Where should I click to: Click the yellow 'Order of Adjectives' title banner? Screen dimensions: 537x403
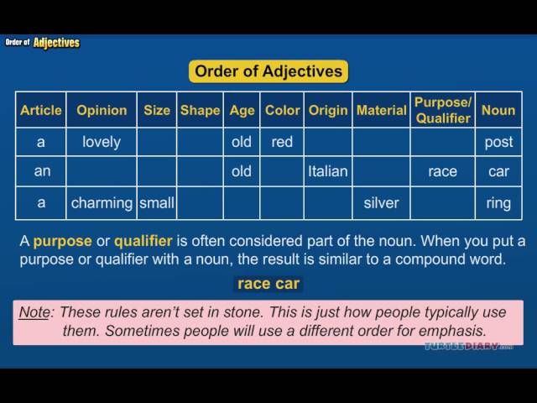click(268, 71)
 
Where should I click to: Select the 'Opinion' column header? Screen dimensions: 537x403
click(102, 110)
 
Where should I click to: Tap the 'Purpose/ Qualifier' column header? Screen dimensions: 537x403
click(442, 110)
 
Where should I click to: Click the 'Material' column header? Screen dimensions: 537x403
click(381, 110)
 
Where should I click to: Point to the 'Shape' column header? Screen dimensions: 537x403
click(200, 110)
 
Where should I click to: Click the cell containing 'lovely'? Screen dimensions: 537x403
click(102, 142)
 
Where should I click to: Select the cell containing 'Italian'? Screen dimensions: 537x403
click(328, 171)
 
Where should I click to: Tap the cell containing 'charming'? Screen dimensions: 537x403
click(102, 203)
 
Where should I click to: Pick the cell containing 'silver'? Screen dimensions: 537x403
click(381, 203)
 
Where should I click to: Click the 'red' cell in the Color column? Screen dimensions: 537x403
click(282, 142)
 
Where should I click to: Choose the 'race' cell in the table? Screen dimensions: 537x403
click(442, 171)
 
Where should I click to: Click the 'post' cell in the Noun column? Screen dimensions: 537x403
click(498, 142)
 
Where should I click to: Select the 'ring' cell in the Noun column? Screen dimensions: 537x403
click(498, 203)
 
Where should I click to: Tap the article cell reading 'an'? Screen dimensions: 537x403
click(41, 171)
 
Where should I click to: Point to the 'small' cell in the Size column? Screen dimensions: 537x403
click(157, 203)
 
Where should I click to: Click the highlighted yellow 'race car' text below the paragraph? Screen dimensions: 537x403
click(268, 284)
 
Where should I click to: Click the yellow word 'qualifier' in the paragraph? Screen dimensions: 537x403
click(143, 241)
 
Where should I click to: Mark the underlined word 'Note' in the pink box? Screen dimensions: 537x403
click(34, 312)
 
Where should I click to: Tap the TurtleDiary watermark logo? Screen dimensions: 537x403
click(468, 346)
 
